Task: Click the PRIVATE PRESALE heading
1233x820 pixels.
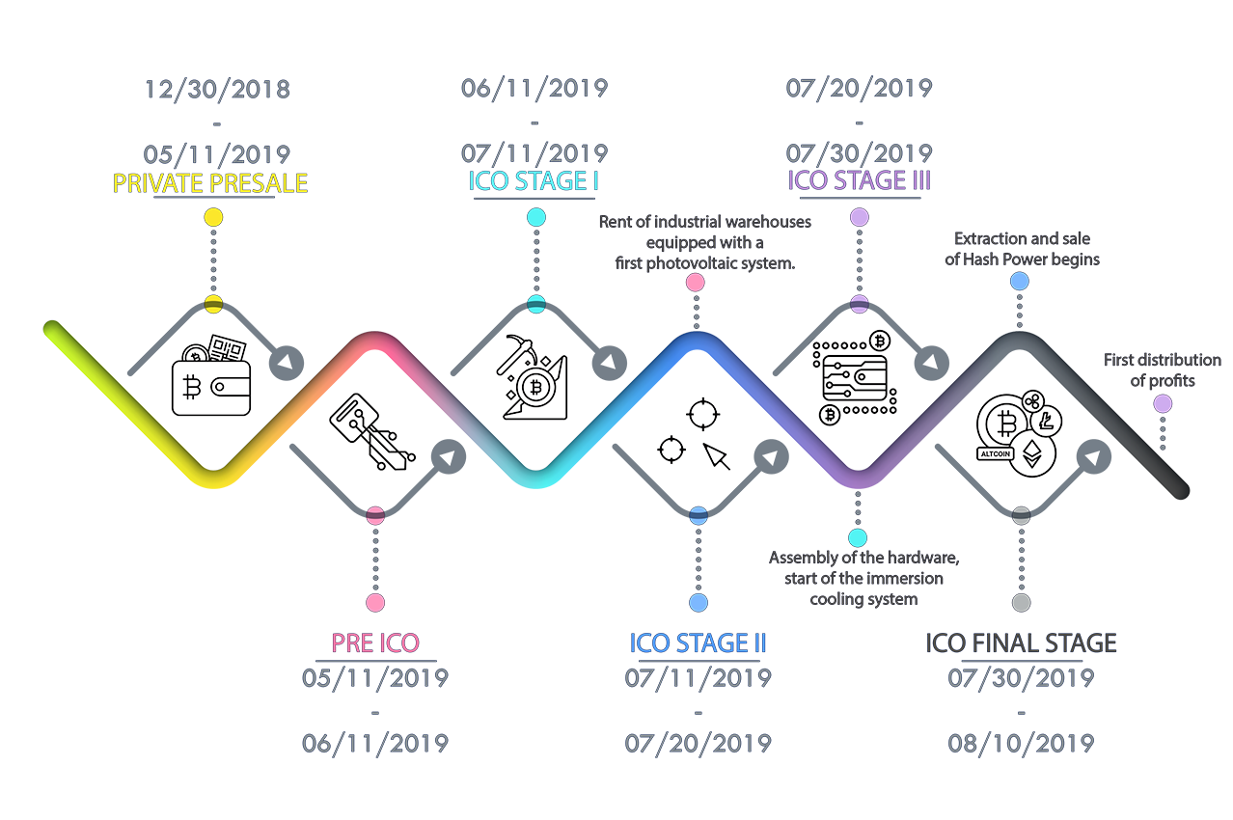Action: pos(209,183)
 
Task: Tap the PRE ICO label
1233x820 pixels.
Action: pos(375,642)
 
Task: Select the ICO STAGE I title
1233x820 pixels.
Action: pos(534,181)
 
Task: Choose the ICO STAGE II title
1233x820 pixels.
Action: pos(698,642)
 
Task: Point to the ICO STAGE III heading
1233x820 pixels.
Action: pos(860,180)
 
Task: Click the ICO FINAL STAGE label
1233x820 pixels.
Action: pos(1021,642)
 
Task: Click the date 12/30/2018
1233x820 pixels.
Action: pos(217,89)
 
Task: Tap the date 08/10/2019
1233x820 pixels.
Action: pos(1021,744)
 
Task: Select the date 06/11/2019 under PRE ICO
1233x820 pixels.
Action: pos(375,744)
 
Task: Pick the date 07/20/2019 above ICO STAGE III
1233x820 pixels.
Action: pos(860,88)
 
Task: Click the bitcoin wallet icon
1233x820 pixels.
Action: pos(211,375)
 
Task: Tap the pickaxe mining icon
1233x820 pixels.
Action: pos(533,377)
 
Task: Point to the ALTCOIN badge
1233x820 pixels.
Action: pos(996,454)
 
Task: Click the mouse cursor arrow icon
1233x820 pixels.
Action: pos(717,456)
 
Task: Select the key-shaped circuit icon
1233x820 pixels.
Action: pos(372,432)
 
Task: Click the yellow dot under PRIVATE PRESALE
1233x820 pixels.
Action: pos(213,217)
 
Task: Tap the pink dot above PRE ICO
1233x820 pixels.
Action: pos(375,603)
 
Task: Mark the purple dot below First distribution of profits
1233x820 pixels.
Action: pos(1163,404)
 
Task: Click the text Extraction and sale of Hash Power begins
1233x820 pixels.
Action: pos(1022,249)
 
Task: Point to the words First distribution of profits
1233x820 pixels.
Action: pos(1163,369)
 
